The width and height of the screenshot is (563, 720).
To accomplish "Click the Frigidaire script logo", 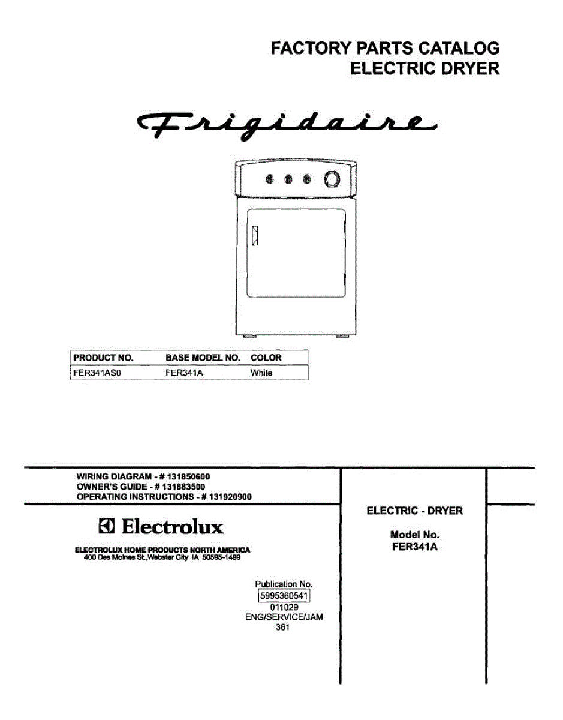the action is [x=287, y=126].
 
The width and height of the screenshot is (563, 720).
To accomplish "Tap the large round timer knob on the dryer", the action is [x=332, y=179].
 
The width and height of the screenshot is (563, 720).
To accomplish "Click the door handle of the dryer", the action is [x=255, y=236].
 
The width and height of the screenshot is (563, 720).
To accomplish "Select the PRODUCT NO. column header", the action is [x=103, y=358].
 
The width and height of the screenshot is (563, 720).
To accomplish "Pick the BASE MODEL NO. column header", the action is [x=203, y=358].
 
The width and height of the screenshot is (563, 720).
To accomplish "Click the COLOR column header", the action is [x=266, y=358].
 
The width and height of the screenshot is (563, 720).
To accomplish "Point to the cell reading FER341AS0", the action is [x=97, y=373].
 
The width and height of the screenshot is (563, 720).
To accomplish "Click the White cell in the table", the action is [x=261, y=373].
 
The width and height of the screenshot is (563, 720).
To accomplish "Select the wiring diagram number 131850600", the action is [x=189, y=476].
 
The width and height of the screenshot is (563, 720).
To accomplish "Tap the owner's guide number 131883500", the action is [x=183, y=487].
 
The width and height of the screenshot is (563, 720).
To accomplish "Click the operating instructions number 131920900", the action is [x=230, y=497].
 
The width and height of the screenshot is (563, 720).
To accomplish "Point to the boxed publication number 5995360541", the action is [x=284, y=596].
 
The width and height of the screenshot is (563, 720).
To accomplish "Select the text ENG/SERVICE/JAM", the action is [x=284, y=617].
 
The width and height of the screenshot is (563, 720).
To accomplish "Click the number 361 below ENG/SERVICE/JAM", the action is [x=282, y=627].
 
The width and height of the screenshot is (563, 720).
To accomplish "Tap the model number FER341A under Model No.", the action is [x=415, y=547].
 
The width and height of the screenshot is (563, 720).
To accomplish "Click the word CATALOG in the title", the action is [x=459, y=49].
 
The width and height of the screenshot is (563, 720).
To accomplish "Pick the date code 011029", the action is [x=284, y=607].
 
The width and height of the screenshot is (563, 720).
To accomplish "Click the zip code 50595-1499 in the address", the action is [x=221, y=557].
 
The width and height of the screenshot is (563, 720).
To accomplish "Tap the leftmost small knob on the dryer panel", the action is [x=270, y=179].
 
